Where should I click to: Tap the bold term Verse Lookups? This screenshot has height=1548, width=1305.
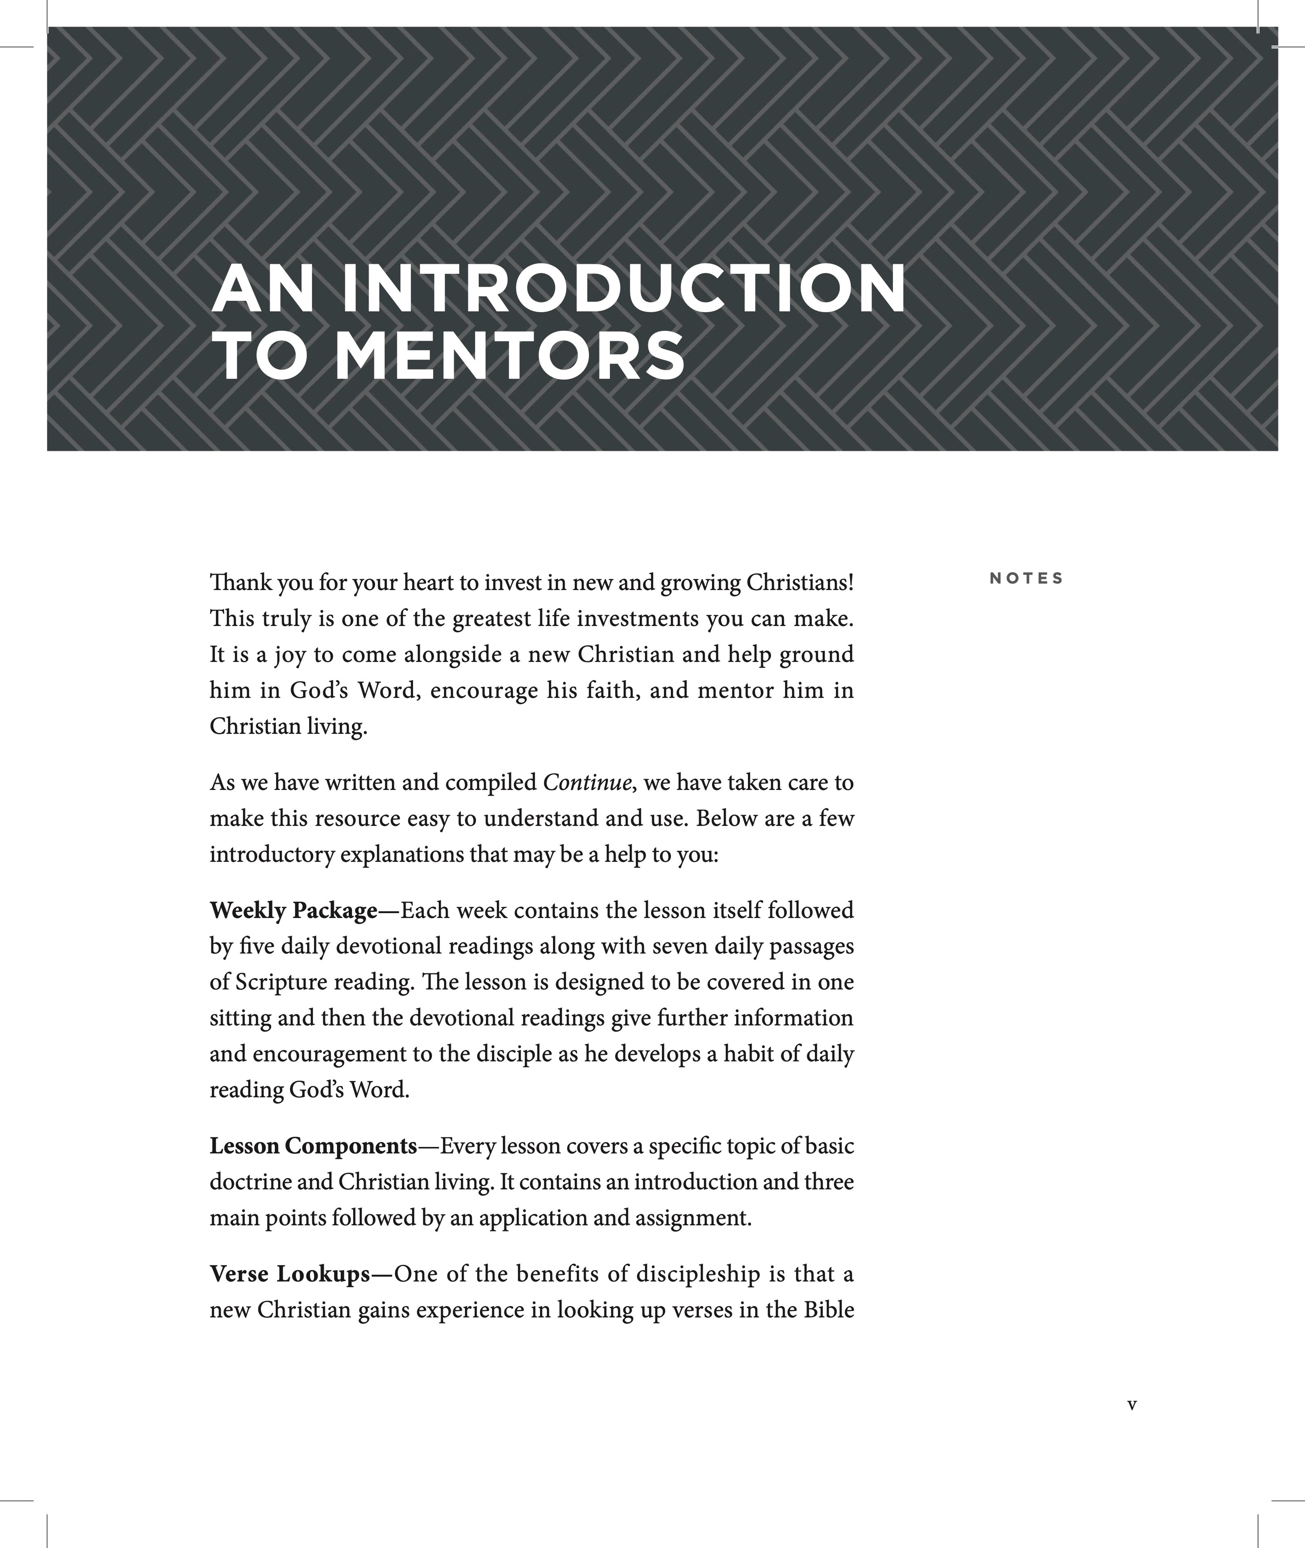pos(289,1274)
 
